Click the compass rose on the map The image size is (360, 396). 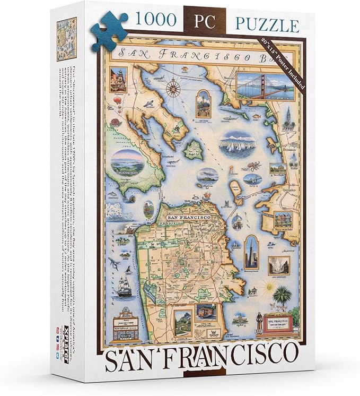(x=173, y=86)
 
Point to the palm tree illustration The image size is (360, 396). (x=282, y=297)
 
